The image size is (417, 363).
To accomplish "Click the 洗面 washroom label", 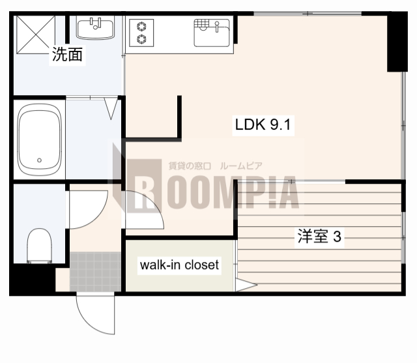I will [x=68, y=55].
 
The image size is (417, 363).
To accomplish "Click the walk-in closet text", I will [x=179, y=265].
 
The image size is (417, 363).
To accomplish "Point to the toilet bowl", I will [x=39, y=248].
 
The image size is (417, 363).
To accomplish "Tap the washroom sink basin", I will [x=95, y=28].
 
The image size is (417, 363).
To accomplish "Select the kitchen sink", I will [x=212, y=32].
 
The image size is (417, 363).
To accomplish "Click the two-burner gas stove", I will [x=141, y=33].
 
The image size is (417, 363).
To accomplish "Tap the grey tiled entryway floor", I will [x=95, y=270].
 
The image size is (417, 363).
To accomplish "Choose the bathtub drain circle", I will [x=40, y=160].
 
